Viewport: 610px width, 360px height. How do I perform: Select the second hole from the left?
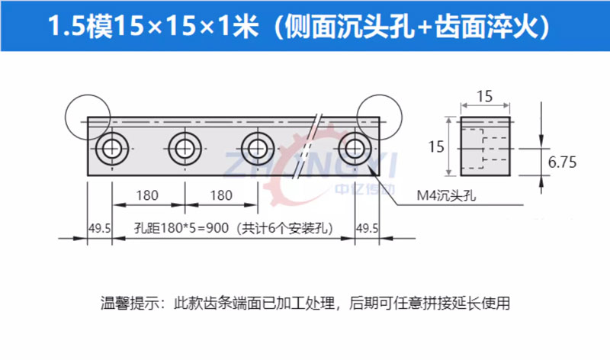(x=184, y=146)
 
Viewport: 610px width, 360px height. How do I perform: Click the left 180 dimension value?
(x=147, y=195)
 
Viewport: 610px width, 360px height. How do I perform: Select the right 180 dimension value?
(x=220, y=195)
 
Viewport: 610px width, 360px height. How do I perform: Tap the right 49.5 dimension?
(x=368, y=228)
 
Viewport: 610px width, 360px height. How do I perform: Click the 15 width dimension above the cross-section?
(x=485, y=96)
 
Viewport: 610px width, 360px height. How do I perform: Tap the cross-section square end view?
(x=486, y=146)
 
